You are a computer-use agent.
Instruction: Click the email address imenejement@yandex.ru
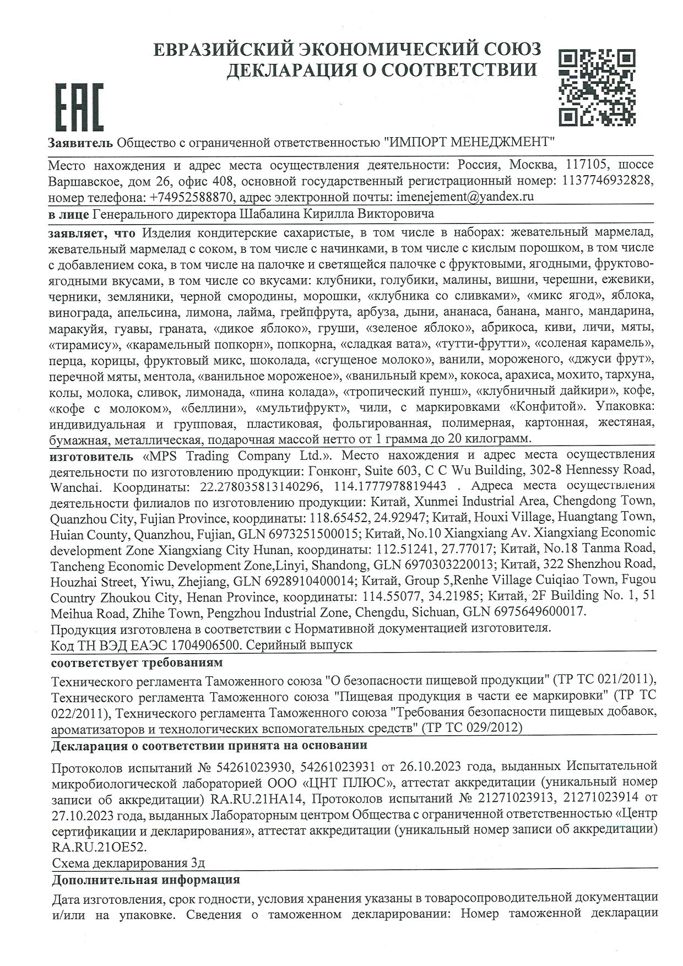[x=464, y=197]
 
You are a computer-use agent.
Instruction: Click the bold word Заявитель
[x=80, y=142]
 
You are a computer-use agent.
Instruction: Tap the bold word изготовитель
[x=91, y=456]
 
